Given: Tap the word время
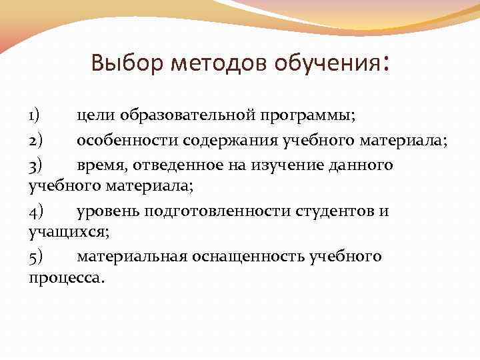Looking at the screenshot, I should [x=101, y=163].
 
